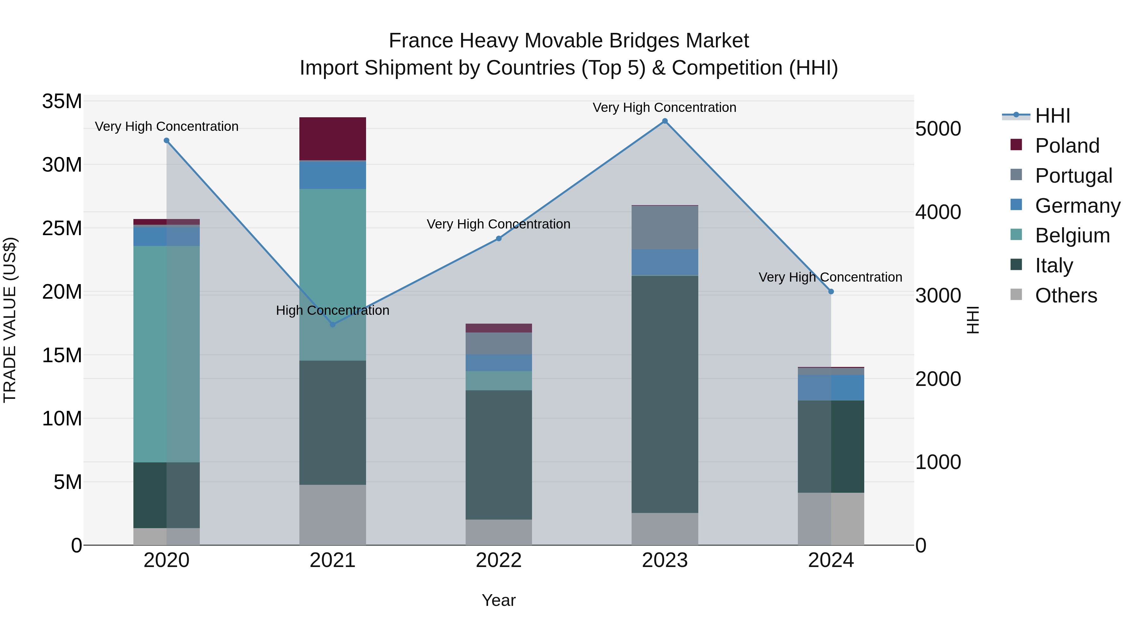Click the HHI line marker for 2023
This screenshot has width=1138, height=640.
tap(664, 121)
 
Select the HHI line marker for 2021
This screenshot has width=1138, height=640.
tap(333, 324)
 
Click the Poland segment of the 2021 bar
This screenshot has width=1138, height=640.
tap(333, 139)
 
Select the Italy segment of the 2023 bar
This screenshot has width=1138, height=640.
tap(664, 393)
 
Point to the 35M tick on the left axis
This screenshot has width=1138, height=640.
tap(62, 101)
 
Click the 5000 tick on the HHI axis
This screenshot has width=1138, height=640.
tap(938, 129)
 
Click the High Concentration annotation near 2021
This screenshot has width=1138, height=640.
tap(333, 310)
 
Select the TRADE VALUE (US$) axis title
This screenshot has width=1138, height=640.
tap(10, 320)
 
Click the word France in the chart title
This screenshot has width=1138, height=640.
tap(420, 41)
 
